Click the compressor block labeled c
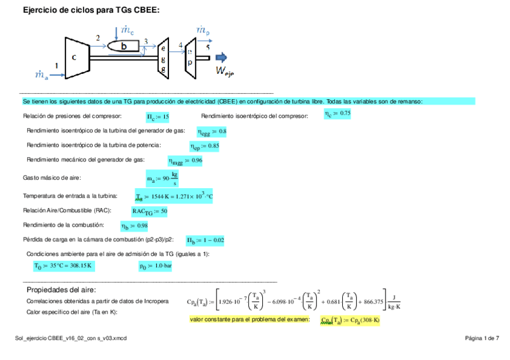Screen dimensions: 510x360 point(75,58)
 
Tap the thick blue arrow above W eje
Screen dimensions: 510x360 point(221,58)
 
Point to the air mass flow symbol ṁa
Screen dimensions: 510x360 point(41,75)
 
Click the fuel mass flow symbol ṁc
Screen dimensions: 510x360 point(127,29)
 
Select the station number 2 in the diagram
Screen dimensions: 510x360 point(98,38)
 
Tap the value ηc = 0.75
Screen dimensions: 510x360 point(337,114)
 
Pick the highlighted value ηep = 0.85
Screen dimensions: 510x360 point(204,146)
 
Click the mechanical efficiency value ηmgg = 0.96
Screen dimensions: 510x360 point(185,160)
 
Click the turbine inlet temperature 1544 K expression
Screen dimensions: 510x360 point(174,197)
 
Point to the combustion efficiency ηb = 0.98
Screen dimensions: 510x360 point(134,226)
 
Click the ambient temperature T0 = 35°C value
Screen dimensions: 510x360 point(63,265)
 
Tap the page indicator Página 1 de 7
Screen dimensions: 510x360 point(482,338)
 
